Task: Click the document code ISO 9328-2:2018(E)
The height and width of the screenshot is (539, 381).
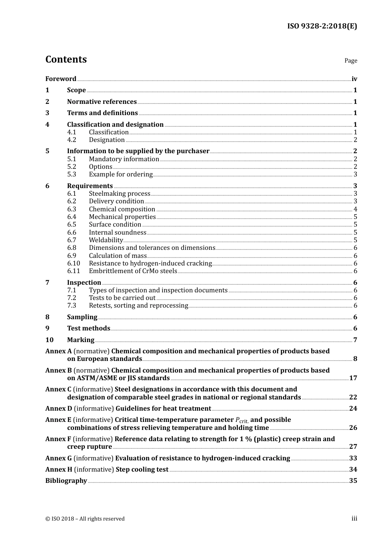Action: coord(322,26)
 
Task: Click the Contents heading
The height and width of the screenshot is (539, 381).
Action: coord(66,59)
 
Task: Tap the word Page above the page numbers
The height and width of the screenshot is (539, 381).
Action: coord(351,61)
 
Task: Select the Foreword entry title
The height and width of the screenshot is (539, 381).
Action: coord(61,79)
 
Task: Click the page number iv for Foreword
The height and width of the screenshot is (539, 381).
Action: coord(354,79)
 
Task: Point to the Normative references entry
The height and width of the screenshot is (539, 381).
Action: coord(102,102)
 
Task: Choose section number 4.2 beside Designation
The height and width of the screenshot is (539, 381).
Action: coord(71,140)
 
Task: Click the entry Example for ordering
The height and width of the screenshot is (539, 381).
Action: coord(121,174)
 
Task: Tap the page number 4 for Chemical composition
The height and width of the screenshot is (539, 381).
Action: coord(355,209)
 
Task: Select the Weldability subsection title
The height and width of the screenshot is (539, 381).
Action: coord(106,240)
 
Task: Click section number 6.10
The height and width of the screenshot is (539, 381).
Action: coord(73,263)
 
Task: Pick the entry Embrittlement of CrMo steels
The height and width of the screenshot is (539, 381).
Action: coord(133,271)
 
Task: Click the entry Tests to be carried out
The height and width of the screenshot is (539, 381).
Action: coord(122,298)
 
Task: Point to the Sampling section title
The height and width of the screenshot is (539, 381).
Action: coord(82,317)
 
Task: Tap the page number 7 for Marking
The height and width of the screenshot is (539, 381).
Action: coord(355,340)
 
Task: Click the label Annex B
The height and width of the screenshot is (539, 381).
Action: coord(59,371)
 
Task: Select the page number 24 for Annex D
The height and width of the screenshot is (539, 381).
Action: coord(353,409)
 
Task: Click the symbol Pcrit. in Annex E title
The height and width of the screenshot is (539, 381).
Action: coord(242,420)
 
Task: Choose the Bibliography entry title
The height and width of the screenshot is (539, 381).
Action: coord(66,481)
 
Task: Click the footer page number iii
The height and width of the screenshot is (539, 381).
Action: coord(354,519)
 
